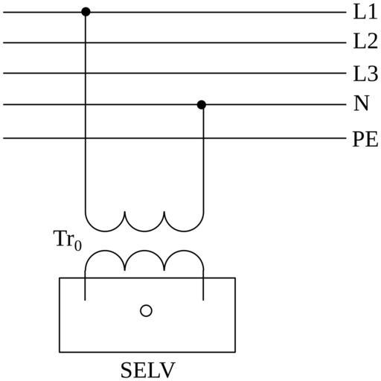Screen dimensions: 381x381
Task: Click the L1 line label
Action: (365, 12)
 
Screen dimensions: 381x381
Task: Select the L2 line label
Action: (365, 41)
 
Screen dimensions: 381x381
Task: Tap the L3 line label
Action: (365, 74)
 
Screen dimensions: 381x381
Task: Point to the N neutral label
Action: (362, 103)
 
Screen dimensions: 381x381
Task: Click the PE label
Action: (365, 139)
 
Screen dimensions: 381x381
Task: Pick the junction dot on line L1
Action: (86, 12)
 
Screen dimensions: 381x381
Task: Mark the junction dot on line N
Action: (202, 105)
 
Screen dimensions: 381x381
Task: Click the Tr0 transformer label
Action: (68, 240)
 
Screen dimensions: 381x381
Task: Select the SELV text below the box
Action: (148, 371)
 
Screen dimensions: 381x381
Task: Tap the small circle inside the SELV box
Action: (146, 310)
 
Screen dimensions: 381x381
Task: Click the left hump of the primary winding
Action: (105, 231)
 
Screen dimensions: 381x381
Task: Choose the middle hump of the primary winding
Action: (144, 231)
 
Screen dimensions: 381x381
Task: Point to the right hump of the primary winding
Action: (184, 231)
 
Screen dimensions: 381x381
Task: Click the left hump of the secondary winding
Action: (105, 251)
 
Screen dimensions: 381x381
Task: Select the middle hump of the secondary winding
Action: (144, 251)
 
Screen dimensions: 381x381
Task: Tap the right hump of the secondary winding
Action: (184, 251)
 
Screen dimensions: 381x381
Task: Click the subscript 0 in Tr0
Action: (78, 246)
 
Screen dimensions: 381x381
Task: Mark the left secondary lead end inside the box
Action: (85, 300)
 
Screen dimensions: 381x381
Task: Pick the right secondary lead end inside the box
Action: (203, 300)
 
